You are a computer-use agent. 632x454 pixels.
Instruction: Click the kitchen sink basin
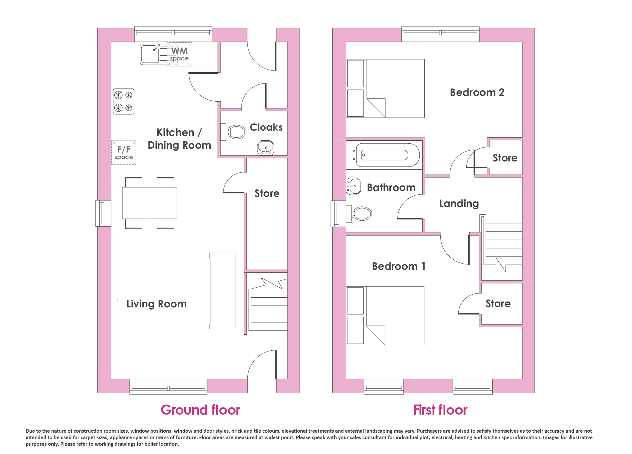[150, 54]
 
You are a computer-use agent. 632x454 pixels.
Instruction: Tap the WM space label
[180, 54]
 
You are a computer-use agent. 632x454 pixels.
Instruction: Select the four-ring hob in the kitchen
[124, 101]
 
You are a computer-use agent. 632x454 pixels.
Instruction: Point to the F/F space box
[124, 153]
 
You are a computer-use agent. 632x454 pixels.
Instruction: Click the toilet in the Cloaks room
[234, 132]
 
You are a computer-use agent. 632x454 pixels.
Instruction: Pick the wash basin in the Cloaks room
[266, 147]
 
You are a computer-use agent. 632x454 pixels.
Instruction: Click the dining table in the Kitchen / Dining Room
[150, 203]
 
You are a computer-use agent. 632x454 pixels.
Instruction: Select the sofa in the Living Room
[223, 291]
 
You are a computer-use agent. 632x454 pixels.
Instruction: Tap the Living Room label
[156, 304]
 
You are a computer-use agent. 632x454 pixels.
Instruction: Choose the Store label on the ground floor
[267, 193]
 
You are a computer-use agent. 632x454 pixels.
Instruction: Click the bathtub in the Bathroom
[384, 155]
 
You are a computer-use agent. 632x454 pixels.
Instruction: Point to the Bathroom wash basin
[354, 186]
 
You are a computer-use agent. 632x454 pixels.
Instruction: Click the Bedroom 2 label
[477, 92]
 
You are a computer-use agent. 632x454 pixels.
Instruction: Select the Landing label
[459, 204]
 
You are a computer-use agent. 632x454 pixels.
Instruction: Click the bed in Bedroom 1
[385, 315]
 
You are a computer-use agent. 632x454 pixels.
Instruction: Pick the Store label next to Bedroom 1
[498, 304]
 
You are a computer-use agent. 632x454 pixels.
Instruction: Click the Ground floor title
[200, 410]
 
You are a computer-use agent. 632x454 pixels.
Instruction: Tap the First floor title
[440, 410]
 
